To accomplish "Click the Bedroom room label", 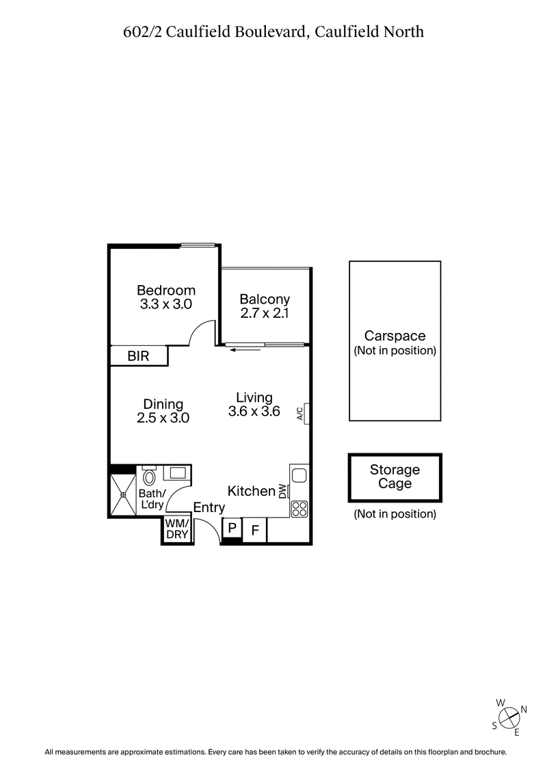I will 166,290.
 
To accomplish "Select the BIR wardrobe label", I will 139,356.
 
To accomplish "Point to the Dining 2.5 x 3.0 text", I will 163,411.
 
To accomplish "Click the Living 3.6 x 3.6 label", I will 254,404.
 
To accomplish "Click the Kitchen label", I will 251,491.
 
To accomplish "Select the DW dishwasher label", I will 282,491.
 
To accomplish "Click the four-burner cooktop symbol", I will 299,508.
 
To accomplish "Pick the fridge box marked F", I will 255,530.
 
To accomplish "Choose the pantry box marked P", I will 232,528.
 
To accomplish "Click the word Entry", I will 209,507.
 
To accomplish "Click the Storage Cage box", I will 395,477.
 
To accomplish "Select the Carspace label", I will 395,336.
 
